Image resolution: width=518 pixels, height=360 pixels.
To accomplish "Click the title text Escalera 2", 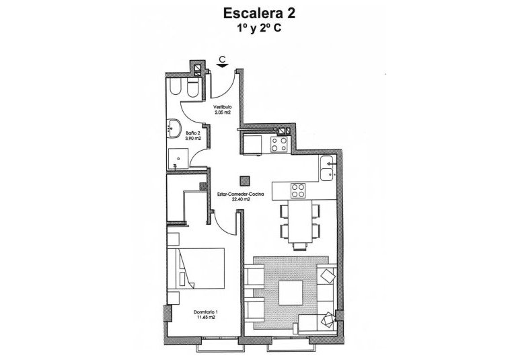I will point(259,13).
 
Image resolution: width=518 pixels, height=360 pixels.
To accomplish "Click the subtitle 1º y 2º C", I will point(259,29).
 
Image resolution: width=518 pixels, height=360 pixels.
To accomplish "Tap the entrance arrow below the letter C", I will point(222,66).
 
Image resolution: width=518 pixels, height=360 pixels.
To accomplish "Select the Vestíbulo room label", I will point(223,107).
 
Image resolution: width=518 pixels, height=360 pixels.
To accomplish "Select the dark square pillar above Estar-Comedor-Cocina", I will point(245,180).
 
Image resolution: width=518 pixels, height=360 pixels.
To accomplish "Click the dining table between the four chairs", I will point(297,221).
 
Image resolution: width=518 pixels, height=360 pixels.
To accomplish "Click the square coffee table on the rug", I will point(290,291).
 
